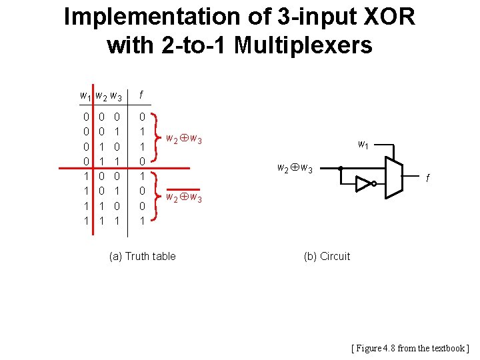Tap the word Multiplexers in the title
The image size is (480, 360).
(278, 45)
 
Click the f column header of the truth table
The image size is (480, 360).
(141, 95)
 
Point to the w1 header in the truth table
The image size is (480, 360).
(85, 96)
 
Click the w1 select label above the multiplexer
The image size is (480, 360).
(364, 144)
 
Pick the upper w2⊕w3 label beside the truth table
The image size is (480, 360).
(183, 139)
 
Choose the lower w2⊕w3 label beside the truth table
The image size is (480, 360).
(183, 197)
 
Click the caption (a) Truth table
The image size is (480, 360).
(142, 256)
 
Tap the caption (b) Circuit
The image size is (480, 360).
(327, 256)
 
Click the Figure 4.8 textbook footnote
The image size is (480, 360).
(411, 347)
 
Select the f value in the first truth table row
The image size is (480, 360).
(141, 117)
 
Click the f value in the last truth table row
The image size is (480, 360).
(141, 219)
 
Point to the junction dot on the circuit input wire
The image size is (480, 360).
(340, 169)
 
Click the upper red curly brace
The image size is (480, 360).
(157, 138)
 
